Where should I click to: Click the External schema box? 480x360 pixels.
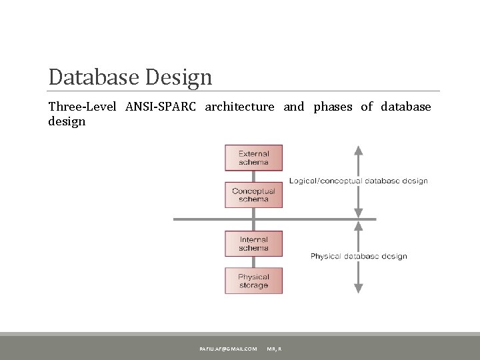point(253,158)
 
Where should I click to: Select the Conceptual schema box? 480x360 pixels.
point(253,195)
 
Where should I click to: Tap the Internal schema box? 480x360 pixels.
point(253,244)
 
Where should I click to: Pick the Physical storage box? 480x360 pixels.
point(253,281)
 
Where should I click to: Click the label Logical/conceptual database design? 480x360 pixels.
point(358,181)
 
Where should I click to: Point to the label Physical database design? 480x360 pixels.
point(358,256)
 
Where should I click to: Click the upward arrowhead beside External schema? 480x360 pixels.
point(359,150)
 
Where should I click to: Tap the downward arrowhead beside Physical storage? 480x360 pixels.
point(359,289)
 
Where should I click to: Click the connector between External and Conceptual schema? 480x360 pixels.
point(253,176)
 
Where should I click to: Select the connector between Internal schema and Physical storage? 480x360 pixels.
point(253,262)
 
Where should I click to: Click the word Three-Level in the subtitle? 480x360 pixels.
point(81,107)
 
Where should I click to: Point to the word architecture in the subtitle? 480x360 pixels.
point(239,107)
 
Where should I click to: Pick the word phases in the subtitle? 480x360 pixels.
point(333,107)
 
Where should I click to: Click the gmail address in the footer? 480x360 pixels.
point(227,349)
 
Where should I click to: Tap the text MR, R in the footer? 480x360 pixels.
point(274,349)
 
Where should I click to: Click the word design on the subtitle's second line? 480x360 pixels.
point(67,121)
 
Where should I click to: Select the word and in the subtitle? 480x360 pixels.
point(293,107)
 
